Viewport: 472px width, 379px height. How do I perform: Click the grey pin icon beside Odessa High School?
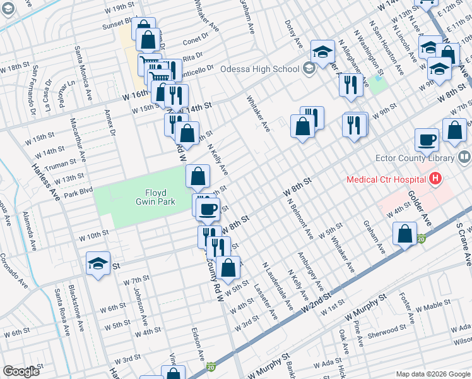coord(309,69)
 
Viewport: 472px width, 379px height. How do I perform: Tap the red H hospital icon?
coord(434,180)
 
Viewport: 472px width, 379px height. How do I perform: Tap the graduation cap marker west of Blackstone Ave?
coord(98,264)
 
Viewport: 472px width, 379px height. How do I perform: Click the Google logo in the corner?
coord(21,371)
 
